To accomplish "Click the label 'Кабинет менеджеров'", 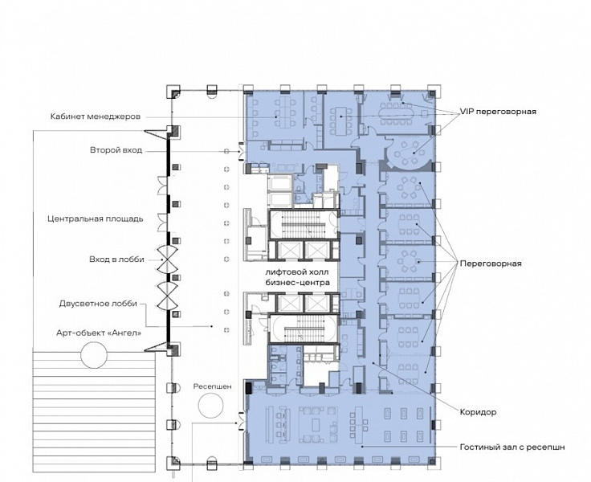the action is [96, 116].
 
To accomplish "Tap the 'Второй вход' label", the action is [116, 150].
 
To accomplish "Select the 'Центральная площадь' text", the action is [96, 219].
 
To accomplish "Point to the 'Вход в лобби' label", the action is [116, 259].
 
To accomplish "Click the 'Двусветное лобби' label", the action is [98, 304].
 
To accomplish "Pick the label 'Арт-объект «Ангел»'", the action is [99, 333].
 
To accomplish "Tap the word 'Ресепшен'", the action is [213, 386].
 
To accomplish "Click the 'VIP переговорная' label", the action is [498, 112].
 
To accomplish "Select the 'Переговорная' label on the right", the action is [491, 263].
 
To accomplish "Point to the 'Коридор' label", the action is [478, 412].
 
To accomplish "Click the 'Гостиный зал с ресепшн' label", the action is [512, 447].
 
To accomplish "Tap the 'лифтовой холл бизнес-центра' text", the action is [297, 277].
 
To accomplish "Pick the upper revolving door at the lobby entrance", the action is [167, 259].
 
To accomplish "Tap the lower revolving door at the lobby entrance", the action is [167, 296].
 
